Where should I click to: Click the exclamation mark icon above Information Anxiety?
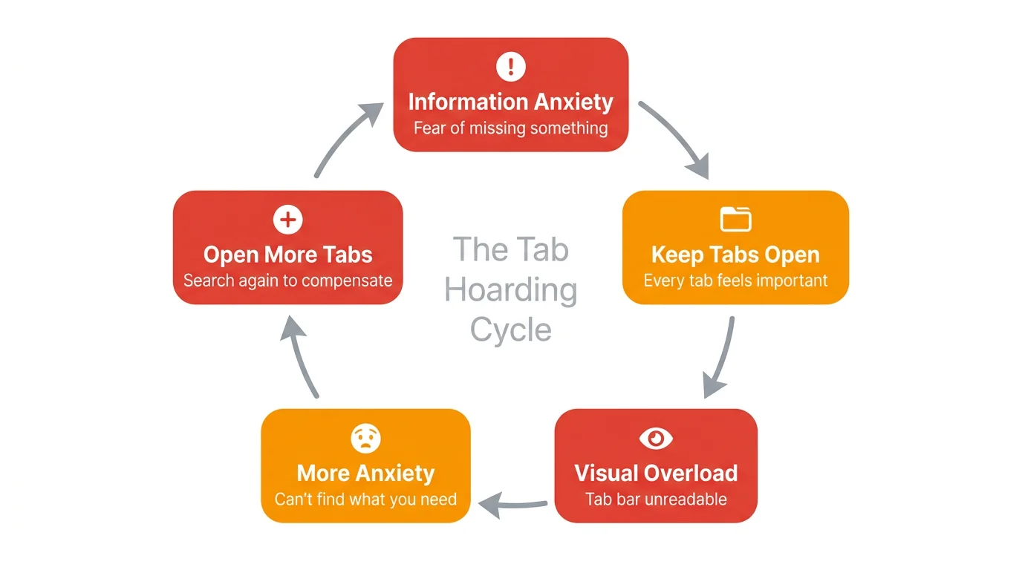[510, 68]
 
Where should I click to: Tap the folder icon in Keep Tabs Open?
[735, 220]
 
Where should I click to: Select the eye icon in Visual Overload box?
[656, 439]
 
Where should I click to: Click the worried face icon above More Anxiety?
[365, 439]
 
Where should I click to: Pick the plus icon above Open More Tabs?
[287, 220]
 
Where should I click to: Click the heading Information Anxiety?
[510, 102]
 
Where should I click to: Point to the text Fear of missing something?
[510, 128]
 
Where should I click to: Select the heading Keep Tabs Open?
[735, 255]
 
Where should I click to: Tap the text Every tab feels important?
[735, 281]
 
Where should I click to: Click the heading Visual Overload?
[656, 473]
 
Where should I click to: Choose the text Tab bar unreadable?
[656, 499]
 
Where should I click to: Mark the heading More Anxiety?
[365, 473]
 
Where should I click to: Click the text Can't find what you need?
[365, 499]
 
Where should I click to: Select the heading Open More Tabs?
[287, 255]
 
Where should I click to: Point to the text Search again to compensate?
[287, 281]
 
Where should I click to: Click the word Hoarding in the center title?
[510, 289]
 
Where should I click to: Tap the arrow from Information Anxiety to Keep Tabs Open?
[677, 139]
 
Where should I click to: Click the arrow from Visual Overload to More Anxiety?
[514, 505]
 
